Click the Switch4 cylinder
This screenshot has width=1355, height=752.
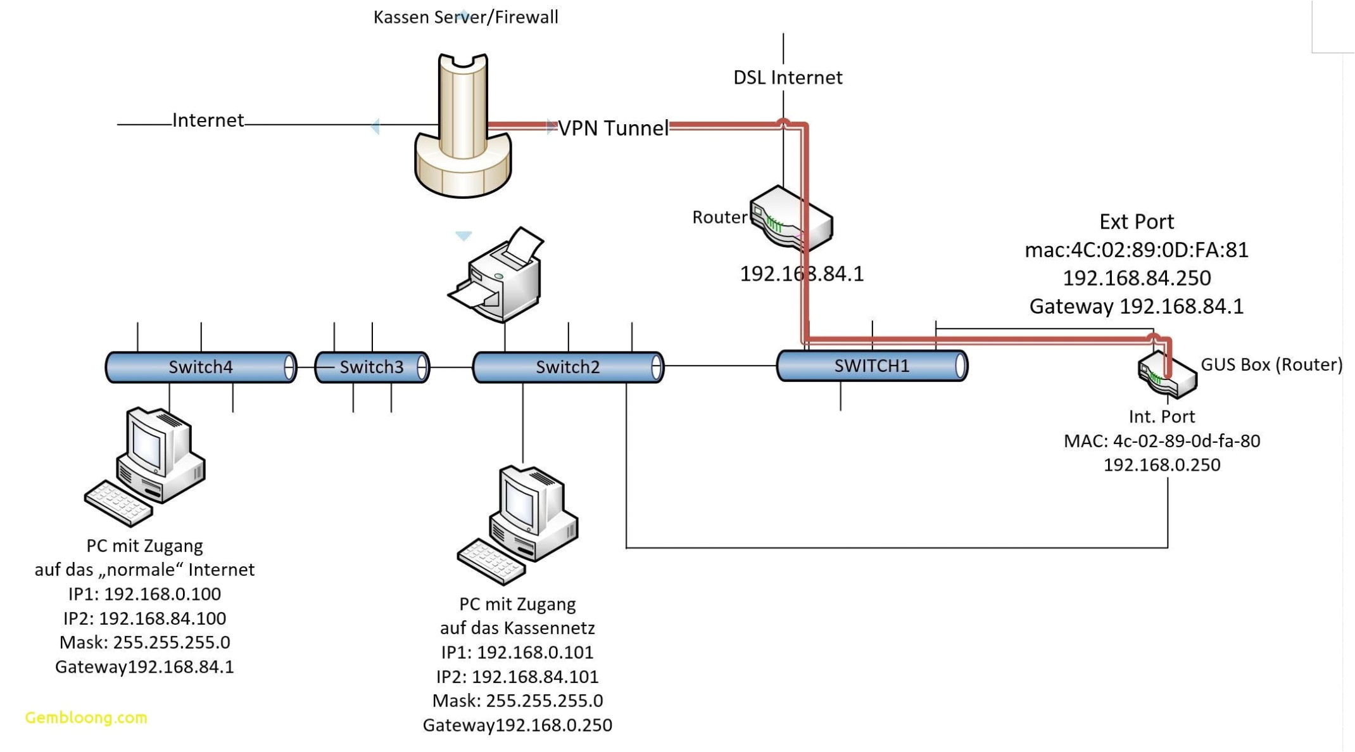(200, 367)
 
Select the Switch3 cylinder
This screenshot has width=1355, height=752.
(372, 367)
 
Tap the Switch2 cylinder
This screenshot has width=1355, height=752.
(567, 367)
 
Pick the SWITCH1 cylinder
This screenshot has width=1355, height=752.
(871, 366)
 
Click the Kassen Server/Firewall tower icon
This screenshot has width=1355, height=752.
(463, 127)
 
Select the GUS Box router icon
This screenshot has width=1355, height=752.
(1167, 376)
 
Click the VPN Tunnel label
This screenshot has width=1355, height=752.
(612, 128)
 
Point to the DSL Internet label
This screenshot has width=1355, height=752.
(788, 77)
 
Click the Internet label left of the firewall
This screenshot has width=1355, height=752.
(208, 120)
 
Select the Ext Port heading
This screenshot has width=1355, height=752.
(1136, 221)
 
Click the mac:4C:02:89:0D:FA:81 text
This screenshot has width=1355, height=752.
(1136, 250)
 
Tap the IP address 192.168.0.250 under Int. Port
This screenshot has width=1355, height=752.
(1161, 464)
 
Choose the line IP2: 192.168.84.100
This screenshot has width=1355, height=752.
(144, 618)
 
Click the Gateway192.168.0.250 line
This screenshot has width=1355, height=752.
(517, 725)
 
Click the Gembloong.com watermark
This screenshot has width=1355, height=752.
(86, 717)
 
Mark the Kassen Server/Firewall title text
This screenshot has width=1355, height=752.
(465, 17)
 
